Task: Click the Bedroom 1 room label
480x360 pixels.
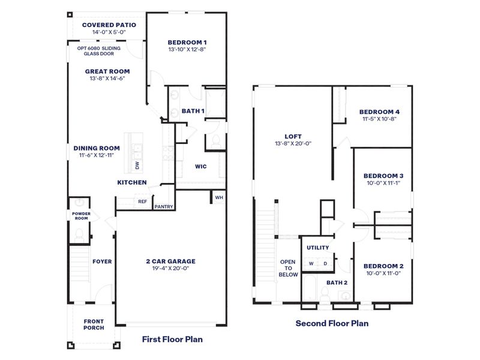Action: pyautogui.click(x=187, y=42)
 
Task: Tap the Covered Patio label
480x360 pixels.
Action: pyautogui.click(x=109, y=25)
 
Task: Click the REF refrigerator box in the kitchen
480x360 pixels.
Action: pyautogui.click(x=142, y=202)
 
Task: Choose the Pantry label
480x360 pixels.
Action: pyautogui.click(x=164, y=207)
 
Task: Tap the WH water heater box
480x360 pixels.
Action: pyautogui.click(x=218, y=197)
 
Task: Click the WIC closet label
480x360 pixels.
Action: pyautogui.click(x=201, y=167)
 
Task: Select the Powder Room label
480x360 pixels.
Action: pyautogui.click(x=81, y=215)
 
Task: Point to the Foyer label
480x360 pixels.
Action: pyautogui.click(x=102, y=262)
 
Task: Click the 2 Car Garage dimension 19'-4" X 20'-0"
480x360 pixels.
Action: pyautogui.click(x=171, y=269)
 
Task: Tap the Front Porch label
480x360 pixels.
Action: pyautogui.click(x=94, y=324)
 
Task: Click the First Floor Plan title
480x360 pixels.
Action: pyautogui.click(x=172, y=339)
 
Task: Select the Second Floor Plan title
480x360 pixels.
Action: pyautogui.click(x=332, y=323)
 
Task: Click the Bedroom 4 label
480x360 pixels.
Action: pyautogui.click(x=379, y=112)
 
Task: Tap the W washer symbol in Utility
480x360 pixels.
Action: pyautogui.click(x=311, y=263)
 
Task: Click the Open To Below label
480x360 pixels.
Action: pyautogui.click(x=288, y=268)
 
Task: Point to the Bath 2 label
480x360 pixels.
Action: pyautogui.click(x=337, y=282)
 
